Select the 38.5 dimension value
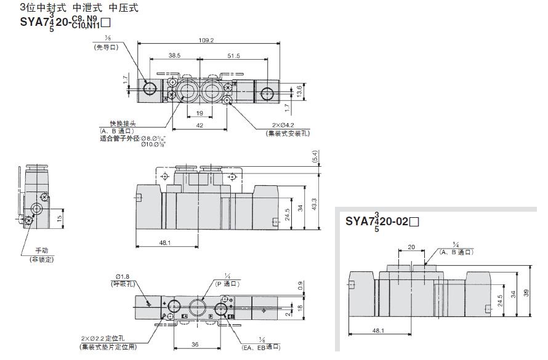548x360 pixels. (174, 55)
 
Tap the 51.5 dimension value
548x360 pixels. (233, 55)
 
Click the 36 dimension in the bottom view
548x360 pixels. (195, 345)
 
